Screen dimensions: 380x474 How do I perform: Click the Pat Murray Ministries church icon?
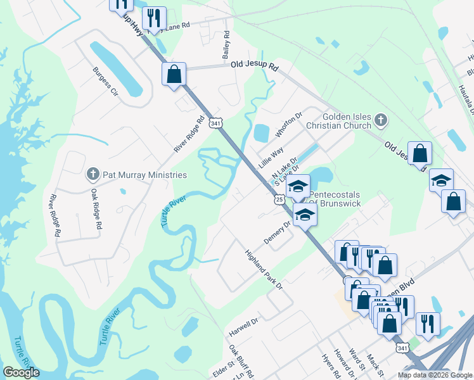[x=93, y=174]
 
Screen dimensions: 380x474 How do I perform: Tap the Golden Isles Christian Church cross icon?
[x=380, y=119]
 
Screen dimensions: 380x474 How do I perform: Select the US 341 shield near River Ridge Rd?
[x=217, y=123]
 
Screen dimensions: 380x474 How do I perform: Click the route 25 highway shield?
[x=279, y=199]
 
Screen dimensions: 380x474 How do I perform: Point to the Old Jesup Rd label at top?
[x=255, y=65]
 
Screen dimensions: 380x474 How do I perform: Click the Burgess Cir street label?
[x=106, y=82]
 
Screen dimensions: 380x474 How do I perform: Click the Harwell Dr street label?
[x=244, y=327]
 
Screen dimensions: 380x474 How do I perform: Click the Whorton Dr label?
[x=290, y=125]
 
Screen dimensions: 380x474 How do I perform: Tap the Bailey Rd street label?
[x=226, y=46]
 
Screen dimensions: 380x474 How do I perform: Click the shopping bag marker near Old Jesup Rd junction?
[x=174, y=73]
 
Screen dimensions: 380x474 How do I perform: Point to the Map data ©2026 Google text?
[x=434, y=375]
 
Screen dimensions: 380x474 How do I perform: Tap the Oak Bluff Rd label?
[x=241, y=361]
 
